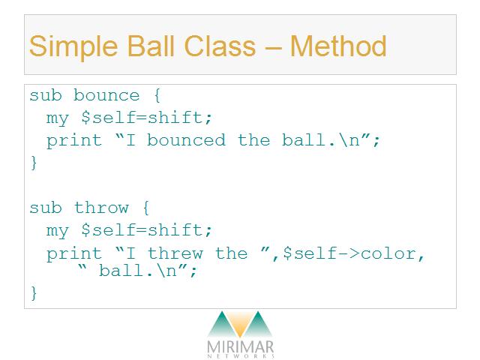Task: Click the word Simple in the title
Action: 73,46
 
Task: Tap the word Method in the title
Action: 338,46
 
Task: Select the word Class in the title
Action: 220,46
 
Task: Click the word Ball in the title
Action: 151,46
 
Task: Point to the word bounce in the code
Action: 106,95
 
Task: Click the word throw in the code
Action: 101,208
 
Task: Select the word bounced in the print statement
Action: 186,140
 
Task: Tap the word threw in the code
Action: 175,253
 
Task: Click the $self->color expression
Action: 349,253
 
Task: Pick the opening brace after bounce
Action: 157,95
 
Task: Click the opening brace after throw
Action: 146,208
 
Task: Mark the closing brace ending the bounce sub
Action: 34,163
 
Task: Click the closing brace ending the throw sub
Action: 34,293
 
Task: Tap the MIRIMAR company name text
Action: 240,346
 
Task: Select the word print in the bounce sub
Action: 73,141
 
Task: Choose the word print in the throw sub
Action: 73,254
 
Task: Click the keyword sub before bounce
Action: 46,95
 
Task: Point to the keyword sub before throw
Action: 46,208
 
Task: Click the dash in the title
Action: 272,48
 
